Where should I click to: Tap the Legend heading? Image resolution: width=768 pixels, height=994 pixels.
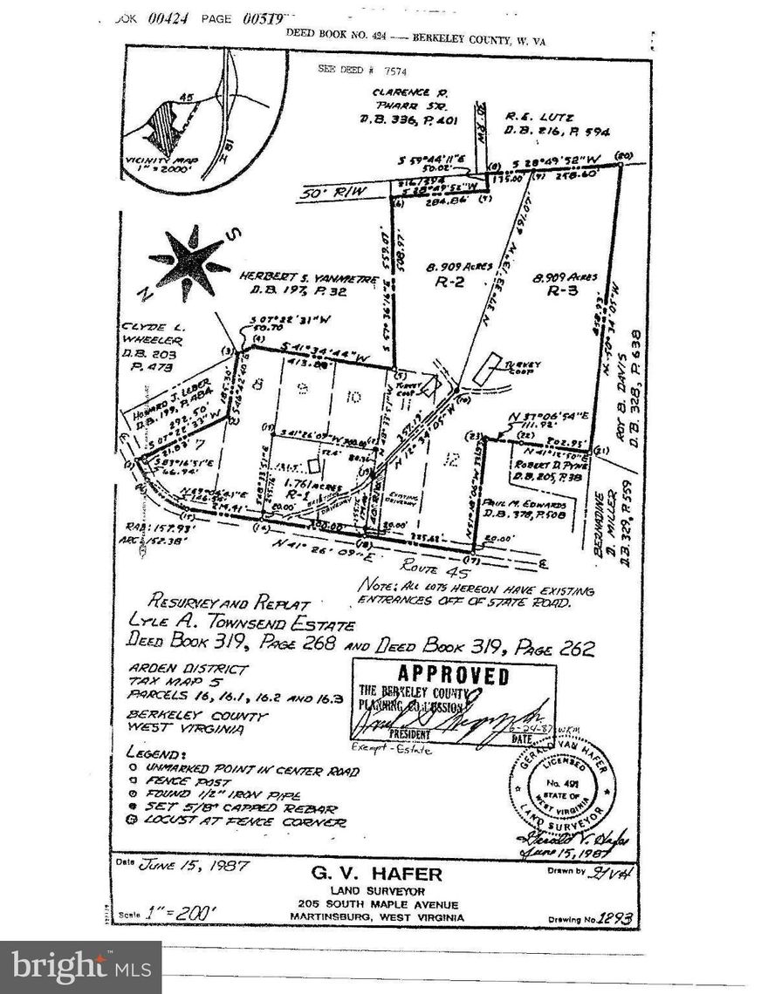click(x=159, y=751)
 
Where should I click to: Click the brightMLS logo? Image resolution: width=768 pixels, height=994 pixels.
click(x=80, y=966)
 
